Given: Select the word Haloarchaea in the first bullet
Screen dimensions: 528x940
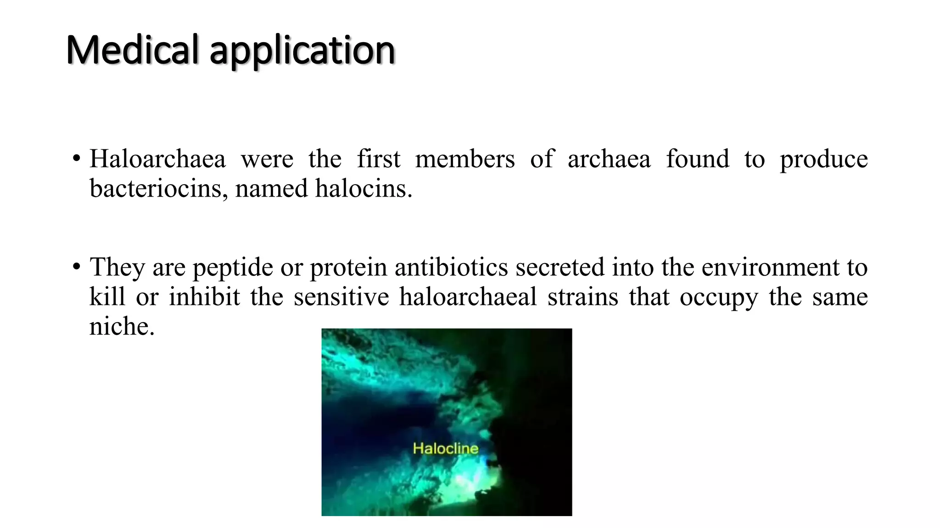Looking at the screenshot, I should coord(157,159).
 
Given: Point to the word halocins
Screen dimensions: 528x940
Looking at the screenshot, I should coord(363,189).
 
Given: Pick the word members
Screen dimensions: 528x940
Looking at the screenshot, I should coord(464,159).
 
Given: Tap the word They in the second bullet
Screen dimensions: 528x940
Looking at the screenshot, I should coord(117,267).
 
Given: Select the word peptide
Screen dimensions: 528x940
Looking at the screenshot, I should coord(233,268).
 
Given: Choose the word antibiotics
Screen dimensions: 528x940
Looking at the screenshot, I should coord(451,267).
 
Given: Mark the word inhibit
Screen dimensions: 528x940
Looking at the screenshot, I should coord(204,297).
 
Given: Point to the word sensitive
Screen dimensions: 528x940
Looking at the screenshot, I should coord(341,297).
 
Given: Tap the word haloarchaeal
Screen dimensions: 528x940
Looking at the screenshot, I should coord(468,297).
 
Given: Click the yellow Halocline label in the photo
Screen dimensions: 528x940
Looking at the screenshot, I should coord(445,448).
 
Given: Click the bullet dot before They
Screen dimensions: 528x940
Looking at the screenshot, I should coord(76,267).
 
